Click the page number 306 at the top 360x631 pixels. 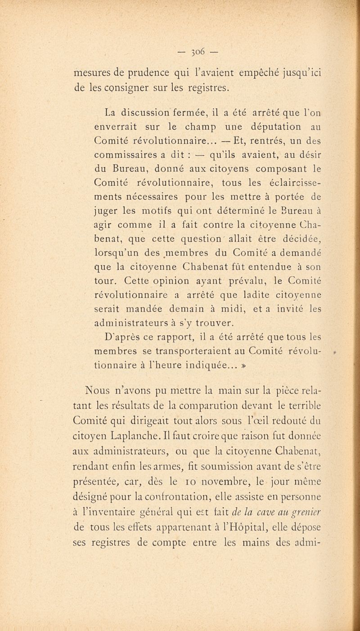click(x=180, y=49)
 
